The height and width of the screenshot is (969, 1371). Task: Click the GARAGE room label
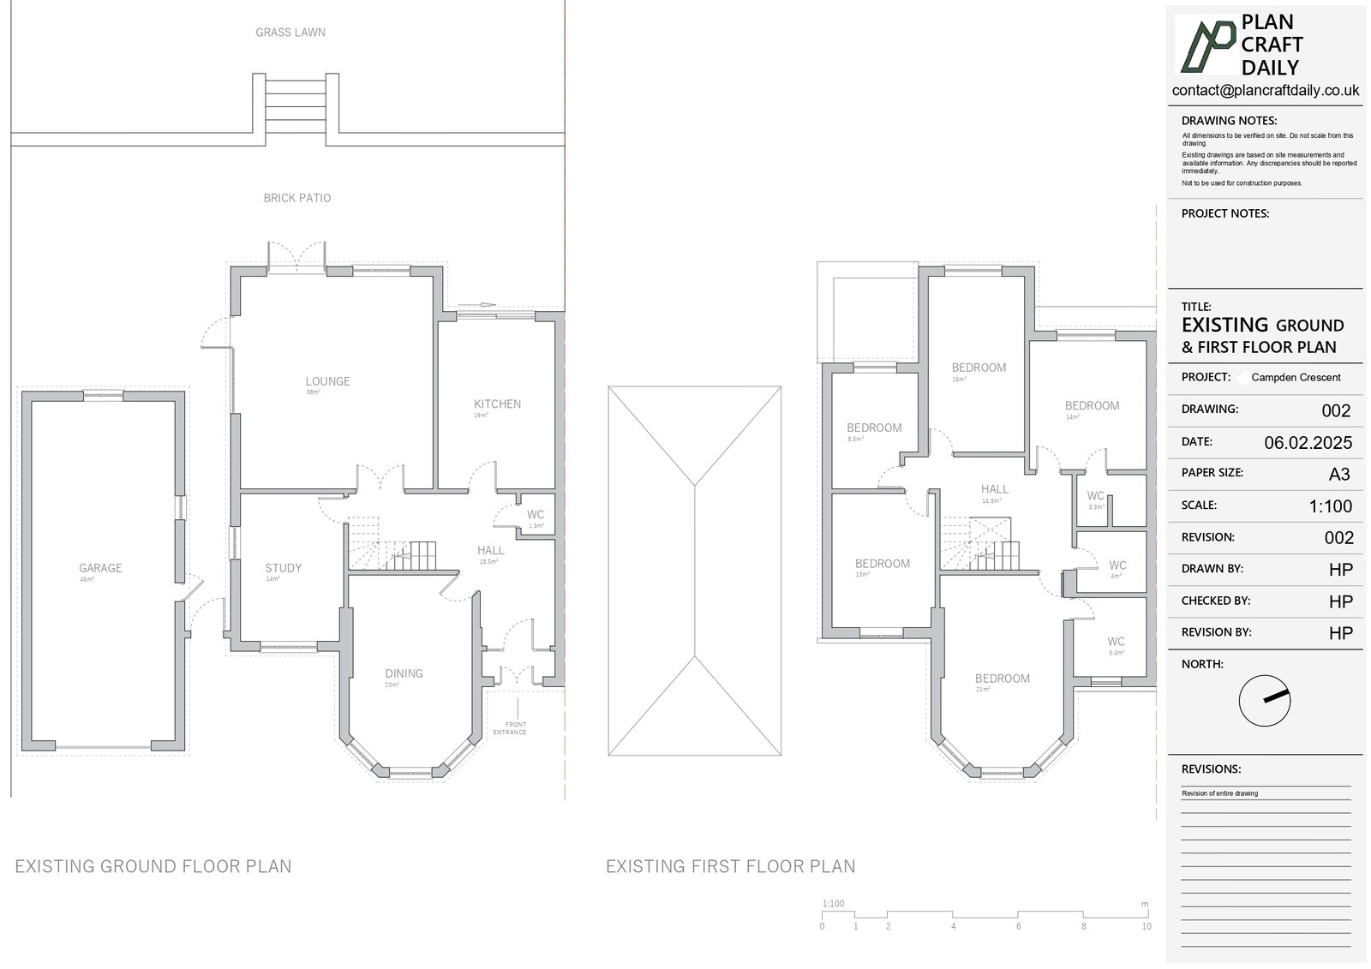pyautogui.click(x=100, y=568)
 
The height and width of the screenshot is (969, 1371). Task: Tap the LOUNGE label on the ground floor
pyautogui.click(x=327, y=381)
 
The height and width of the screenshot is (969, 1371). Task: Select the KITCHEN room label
pyautogui.click(x=497, y=404)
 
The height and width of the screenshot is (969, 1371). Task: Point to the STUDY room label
pyautogui.click(x=283, y=568)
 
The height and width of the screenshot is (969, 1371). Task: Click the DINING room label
pyautogui.click(x=404, y=673)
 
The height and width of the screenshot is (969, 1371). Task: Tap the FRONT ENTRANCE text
pyautogui.click(x=510, y=728)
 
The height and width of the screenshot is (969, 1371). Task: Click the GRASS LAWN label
pyautogui.click(x=290, y=33)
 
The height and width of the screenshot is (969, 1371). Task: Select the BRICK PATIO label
pyautogui.click(x=296, y=198)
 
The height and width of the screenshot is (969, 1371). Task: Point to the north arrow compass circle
pyautogui.click(x=1264, y=700)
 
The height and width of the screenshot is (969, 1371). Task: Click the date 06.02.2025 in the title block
pyautogui.click(x=1308, y=443)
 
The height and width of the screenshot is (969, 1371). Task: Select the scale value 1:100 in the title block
pyautogui.click(x=1330, y=506)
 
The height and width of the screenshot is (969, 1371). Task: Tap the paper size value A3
pyautogui.click(x=1338, y=474)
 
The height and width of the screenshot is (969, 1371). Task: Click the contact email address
pyautogui.click(x=1265, y=91)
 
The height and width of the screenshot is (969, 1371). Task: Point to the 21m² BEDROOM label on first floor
pyautogui.click(x=1002, y=679)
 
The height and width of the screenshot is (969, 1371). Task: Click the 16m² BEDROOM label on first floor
pyautogui.click(x=979, y=368)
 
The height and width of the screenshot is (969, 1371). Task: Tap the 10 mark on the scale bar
pyautogui.click(x=1146, y=926)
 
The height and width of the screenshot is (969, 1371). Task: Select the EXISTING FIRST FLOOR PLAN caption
pyautogui.click(x=730, y=867)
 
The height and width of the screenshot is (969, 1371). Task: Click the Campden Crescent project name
pyautogui.click(x=1296, y=378)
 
